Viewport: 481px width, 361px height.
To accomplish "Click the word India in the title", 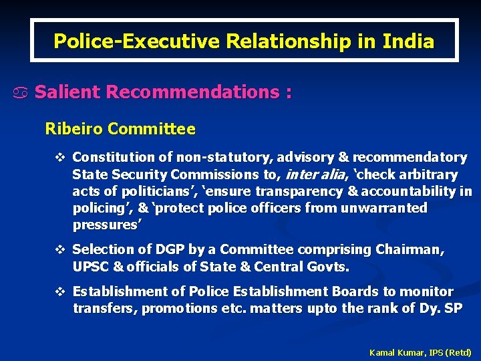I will pyautogui.click(x=408, y=41).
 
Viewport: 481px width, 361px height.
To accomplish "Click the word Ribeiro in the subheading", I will pyautogui.click(x=73, y=128).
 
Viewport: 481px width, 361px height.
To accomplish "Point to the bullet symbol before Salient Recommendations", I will pyautogui.click(x=24, y=93).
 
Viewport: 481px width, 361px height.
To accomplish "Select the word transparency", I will pyautogui.click(x=291, y=192).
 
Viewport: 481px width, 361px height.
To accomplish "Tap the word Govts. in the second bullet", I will pyautogui.click(x=327, y=267).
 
